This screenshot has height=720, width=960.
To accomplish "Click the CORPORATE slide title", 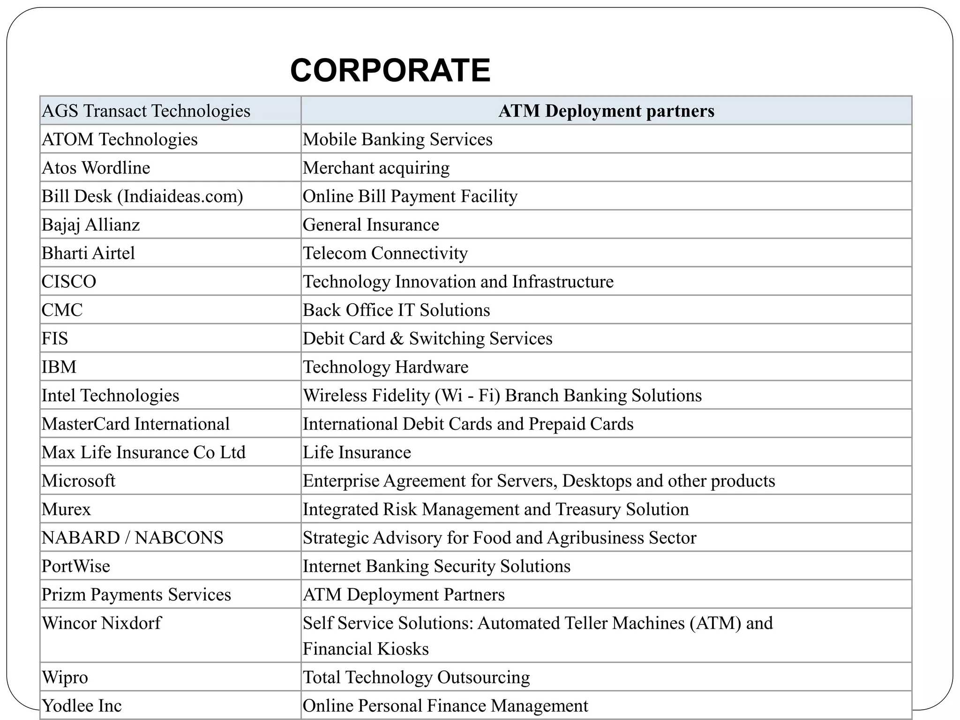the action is [x=390, y=70].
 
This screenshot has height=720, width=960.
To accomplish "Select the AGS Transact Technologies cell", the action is [x=146, y=111].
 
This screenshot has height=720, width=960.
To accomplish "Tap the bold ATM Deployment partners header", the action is [x=606, y=111].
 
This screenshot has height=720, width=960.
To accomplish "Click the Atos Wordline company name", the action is [x=96, y=168].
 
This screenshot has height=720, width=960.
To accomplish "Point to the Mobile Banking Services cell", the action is [x=397, y=140].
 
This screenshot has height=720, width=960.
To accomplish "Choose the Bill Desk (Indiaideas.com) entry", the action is [x=142, y=196].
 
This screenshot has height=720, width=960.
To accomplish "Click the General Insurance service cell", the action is [x=371, y=225].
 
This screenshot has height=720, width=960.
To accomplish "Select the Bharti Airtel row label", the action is [x=88, y=253].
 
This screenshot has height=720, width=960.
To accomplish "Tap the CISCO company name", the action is [x=69, y=282].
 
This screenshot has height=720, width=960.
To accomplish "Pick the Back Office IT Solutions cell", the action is [x=396, y=310].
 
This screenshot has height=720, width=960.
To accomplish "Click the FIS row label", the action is [x=55, y=338].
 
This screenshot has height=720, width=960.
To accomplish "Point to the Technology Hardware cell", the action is [x=385, y=367].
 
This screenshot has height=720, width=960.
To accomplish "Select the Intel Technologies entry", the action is [x=111, y=396].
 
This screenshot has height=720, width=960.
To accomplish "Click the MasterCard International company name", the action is [x=136, y=424].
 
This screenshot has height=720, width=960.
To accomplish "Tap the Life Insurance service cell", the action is [x=357, y=452].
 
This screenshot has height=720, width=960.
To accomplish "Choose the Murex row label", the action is [x=66, y=510].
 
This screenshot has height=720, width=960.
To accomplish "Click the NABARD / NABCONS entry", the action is [x=133, y=538].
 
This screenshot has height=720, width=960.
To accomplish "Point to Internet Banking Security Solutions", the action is [x=436, y=566].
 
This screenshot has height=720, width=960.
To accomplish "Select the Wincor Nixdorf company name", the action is [x=101, y=623].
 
